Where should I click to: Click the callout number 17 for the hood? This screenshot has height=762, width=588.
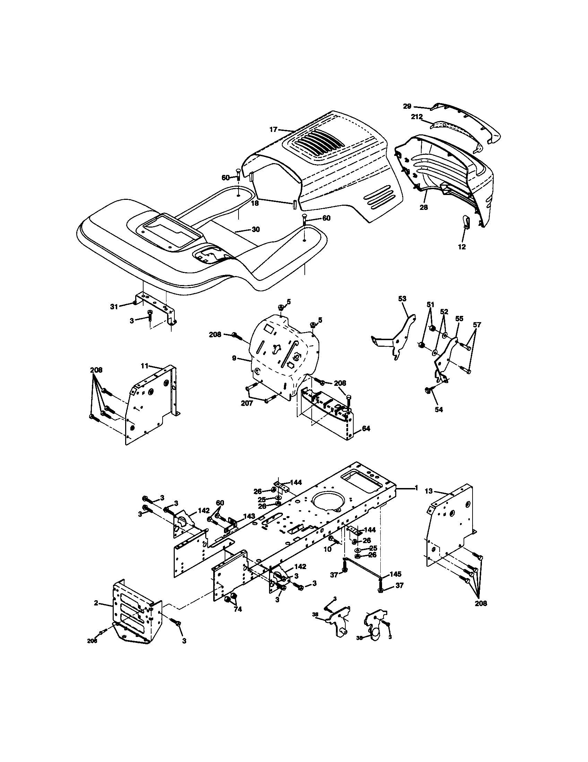273,130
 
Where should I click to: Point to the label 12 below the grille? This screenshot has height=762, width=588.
461,247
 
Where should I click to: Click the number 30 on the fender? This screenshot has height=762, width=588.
256,229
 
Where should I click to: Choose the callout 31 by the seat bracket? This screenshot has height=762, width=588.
114,306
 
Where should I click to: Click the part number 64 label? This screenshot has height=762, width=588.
366,428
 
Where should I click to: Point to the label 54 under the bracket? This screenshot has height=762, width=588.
439,410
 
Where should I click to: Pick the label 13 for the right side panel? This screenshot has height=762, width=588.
429,491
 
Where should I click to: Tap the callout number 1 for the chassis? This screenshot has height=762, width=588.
416,488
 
